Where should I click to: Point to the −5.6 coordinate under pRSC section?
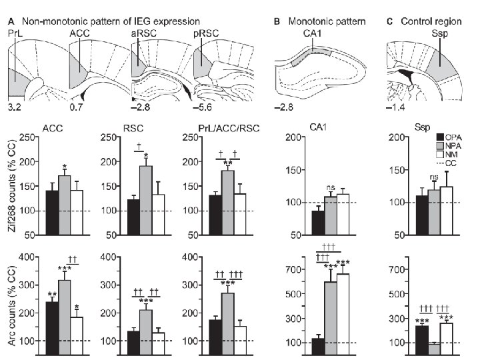203,105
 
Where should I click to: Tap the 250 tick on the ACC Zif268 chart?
27,138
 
